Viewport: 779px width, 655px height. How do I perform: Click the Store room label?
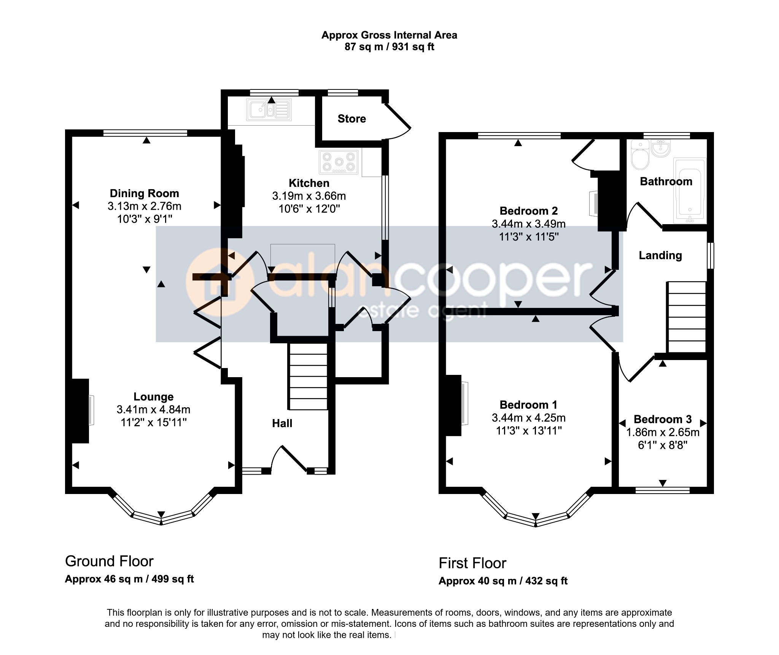tap(352, 119)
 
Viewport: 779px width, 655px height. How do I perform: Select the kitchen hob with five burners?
tap(339, 162)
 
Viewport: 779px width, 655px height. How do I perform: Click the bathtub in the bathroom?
tap(690, 190)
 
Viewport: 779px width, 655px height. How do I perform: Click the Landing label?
tap(660, 255)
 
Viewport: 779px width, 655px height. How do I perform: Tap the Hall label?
tap(282, 423)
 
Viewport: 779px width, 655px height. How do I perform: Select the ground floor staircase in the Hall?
tap(308, 376)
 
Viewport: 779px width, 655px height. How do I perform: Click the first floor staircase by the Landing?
tap(687, 317)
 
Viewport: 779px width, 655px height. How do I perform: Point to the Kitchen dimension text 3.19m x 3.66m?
tap(309, 196)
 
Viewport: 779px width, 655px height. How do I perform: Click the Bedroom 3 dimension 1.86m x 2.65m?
tap(663, 432)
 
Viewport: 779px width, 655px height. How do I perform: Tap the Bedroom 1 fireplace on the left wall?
tap(454, 405)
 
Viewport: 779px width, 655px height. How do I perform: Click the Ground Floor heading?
tap(109, 561)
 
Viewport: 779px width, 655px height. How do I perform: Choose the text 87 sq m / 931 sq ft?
tap(389, 47)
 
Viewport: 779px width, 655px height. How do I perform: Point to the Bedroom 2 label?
tap(528, 211)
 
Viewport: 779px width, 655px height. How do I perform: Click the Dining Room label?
tap(144, 193)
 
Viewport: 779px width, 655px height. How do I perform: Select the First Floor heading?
tap(472, 563)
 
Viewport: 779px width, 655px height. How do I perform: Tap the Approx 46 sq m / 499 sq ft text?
tap(129, 579)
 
